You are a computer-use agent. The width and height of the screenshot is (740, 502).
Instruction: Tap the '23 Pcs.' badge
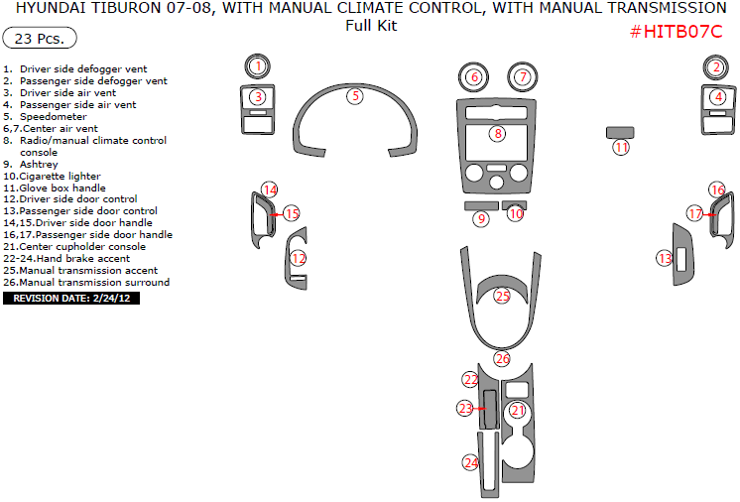40,40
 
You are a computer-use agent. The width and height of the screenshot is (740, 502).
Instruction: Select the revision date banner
71,298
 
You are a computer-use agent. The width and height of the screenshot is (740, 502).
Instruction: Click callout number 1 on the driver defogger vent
257,66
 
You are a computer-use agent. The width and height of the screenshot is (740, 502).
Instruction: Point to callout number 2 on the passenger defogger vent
716,67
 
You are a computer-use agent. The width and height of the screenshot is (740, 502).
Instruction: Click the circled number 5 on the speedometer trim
355,96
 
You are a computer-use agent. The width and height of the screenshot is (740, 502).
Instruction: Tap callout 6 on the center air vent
474,77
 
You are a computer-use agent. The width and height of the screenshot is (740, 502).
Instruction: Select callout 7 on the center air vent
522,77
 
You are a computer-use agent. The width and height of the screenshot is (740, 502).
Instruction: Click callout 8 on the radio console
498,133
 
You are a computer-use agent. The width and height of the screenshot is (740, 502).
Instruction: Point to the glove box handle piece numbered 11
621,147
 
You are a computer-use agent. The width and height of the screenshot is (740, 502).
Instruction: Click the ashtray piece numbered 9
481,218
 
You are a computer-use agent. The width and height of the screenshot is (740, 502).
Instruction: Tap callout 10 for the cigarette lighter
516,213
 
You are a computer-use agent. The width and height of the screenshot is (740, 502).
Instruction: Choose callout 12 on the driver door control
298,258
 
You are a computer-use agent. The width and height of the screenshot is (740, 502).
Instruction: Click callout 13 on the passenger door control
665,258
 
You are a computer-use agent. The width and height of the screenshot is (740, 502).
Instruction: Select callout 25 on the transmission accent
502,296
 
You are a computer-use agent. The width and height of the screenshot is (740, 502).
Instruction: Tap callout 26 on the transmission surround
502,359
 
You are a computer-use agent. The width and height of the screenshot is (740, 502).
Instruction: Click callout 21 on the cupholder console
517,410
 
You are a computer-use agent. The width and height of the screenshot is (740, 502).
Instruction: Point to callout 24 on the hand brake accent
471,463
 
